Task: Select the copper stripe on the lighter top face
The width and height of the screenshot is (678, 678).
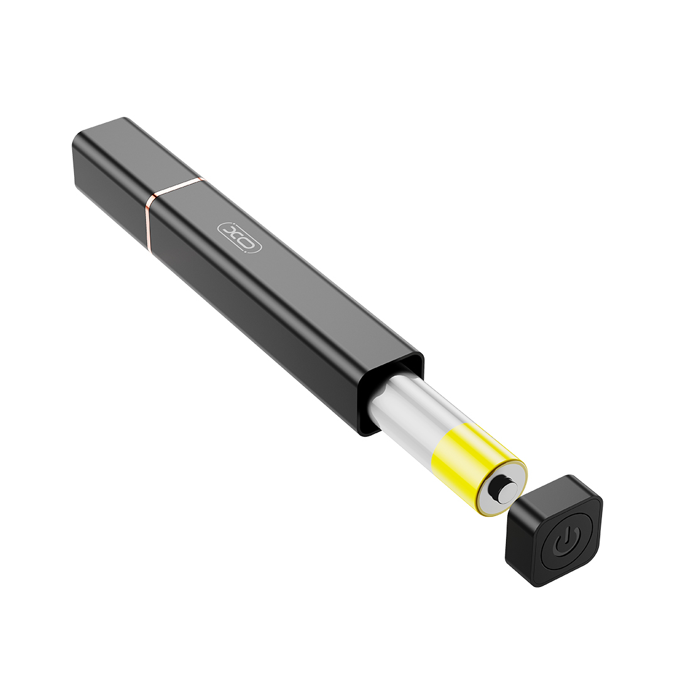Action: coord(179,186)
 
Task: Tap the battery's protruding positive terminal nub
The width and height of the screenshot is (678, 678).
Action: coord(505,490)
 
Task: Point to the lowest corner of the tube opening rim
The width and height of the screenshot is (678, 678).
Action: coord(365,434)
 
